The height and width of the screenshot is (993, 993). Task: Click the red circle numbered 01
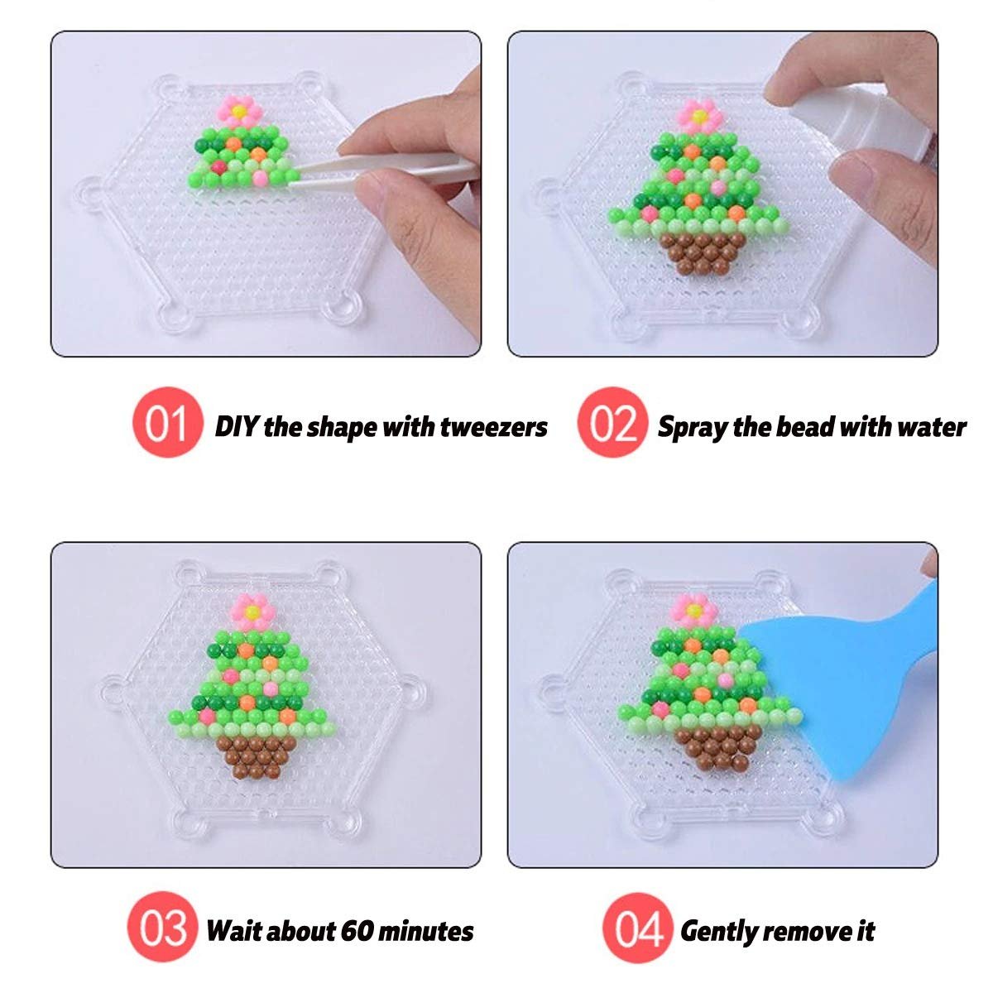167,423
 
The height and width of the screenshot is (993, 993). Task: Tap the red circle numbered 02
612,423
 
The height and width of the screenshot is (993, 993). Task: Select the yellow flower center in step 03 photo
252,612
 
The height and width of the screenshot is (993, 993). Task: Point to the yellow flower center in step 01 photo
238,111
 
